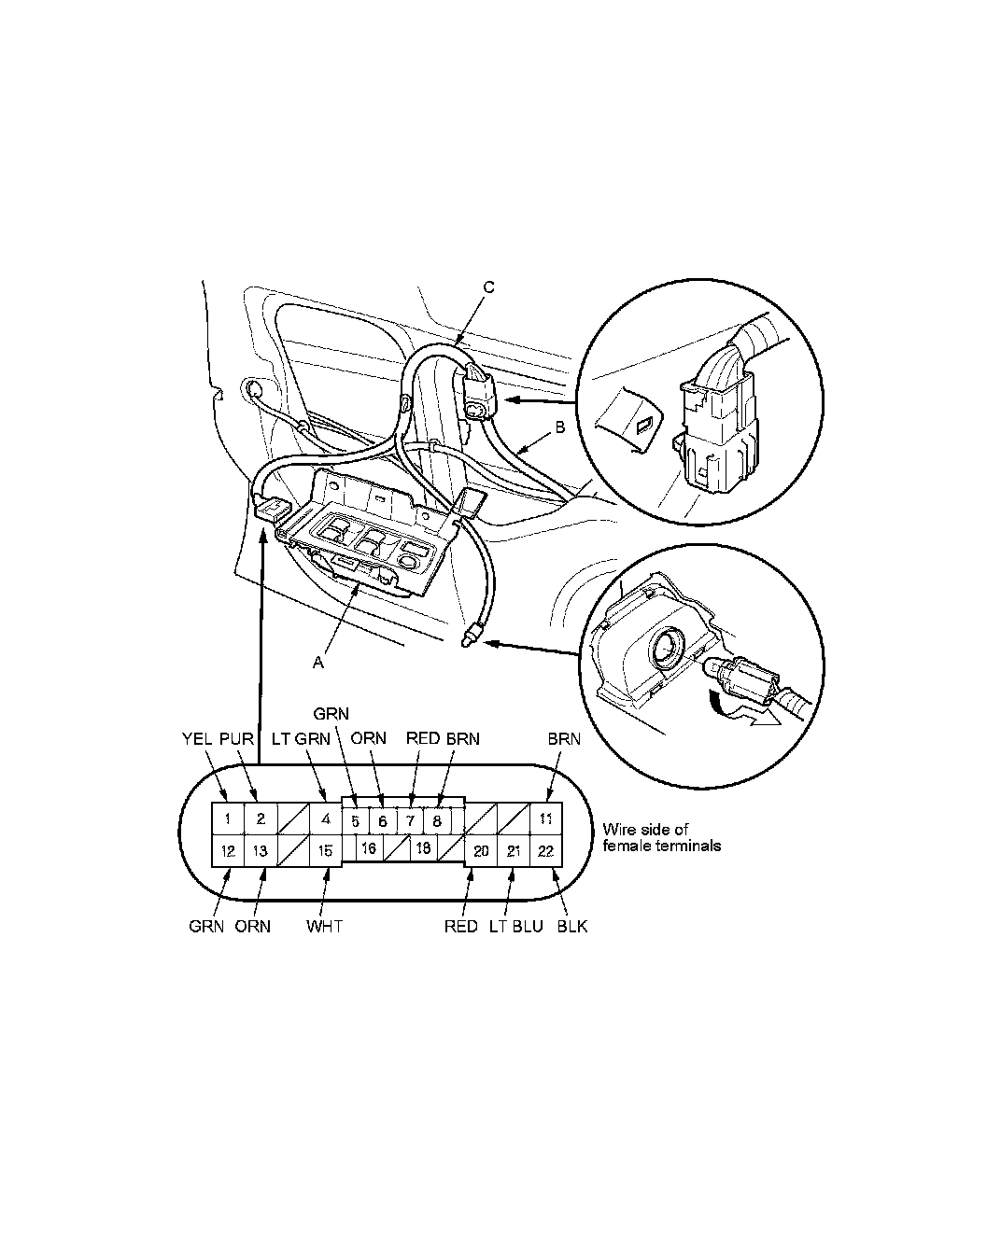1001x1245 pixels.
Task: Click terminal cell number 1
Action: click(228, 818)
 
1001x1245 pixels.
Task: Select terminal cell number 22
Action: click(546, 850)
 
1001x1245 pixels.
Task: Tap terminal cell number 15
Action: click(325, 850)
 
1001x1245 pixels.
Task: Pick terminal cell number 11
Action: click(546, 818)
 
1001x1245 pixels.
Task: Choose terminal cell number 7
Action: click(410, 820)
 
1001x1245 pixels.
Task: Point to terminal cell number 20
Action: click(481, 850)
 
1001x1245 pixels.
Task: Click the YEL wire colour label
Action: click(197, 739)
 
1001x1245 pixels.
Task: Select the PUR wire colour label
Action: click(236, 739)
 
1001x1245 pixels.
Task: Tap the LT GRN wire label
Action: click(301, 739)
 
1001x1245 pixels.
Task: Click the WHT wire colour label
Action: click(324, 926)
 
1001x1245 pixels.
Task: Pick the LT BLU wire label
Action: click(515, 926)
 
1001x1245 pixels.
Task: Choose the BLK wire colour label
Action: click(572, 926)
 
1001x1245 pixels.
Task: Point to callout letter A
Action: click(317, 663)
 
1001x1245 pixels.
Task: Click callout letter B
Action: click(560, 427)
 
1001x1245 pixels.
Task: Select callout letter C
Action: click(489, 287)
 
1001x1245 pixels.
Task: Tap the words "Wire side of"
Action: click(645, 829)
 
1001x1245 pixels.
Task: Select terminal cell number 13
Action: click(260, 850)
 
